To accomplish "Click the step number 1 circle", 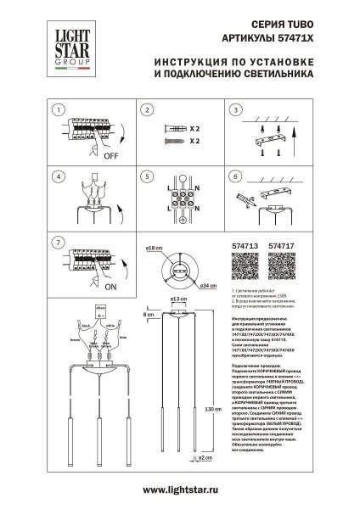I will (x=57, y=110).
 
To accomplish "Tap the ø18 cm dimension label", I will (x=154, y=249).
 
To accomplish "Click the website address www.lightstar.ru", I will (x=180, y=489).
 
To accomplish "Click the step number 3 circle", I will (x=237, y=110).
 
